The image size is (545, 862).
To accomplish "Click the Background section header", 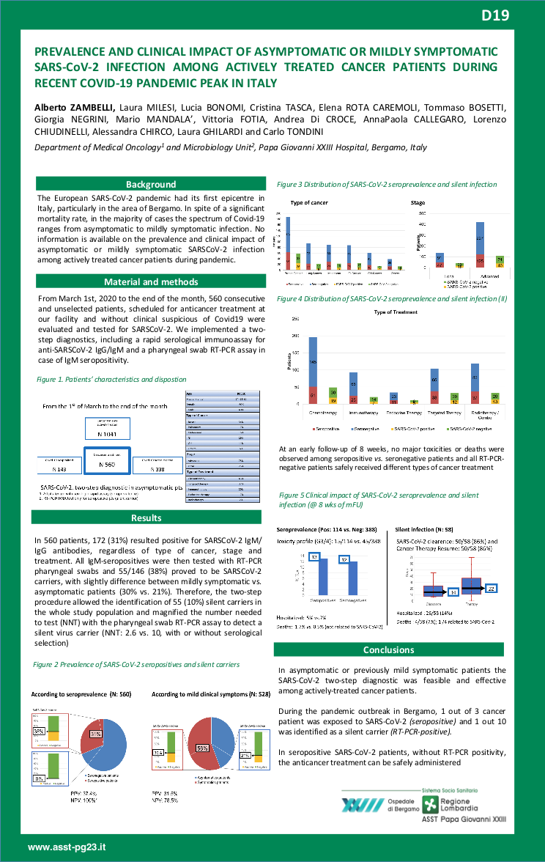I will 150,185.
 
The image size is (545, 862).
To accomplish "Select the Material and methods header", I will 150,282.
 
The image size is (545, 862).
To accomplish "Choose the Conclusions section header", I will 388,649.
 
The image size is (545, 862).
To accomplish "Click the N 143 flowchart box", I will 60,468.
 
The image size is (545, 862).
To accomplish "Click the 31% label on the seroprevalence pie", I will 96,734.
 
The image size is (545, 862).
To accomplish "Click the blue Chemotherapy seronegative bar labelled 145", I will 313,362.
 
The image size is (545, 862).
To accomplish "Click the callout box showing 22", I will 492,588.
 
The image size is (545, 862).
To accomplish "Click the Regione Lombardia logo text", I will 461,806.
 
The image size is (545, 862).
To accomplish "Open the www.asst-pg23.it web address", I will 67,847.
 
